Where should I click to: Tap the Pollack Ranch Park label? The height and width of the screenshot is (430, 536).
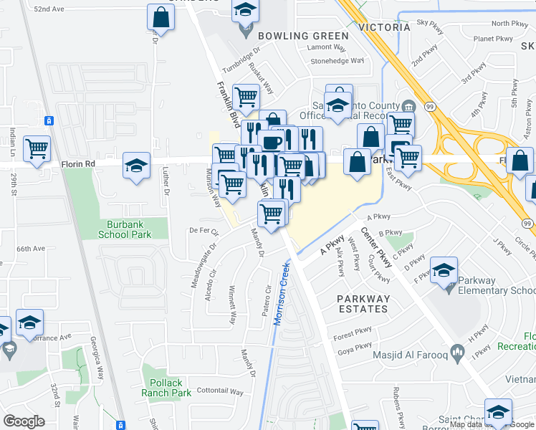(x=166, y=388)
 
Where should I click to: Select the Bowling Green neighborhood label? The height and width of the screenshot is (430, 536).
(x=303, y=35)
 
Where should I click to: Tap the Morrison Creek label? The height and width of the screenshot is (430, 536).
(x=282, y=293)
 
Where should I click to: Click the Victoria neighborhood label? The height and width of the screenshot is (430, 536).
(x=384, y=27)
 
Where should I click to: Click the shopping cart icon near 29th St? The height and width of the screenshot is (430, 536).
(x=37, y=149)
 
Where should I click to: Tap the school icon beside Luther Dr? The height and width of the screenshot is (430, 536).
(x=136, y=166)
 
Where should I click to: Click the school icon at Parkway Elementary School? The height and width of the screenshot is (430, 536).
(x=444, y=269)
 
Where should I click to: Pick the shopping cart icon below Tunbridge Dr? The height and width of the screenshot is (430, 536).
(x=246, y=95)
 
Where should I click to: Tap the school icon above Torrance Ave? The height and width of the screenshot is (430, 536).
(x=29, y=322)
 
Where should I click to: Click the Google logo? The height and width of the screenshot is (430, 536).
(x=24, y=421)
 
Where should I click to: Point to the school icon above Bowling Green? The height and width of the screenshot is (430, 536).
(x=245, y=10)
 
